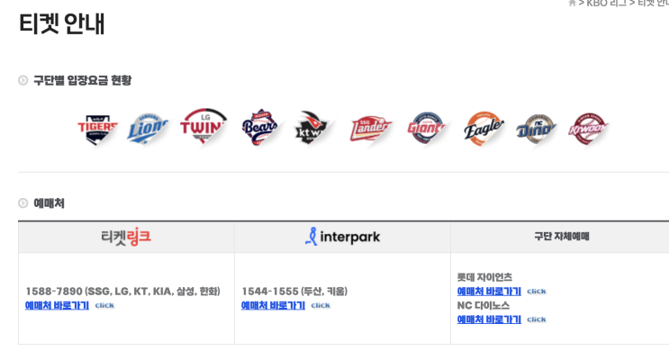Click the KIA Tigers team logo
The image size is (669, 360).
coord(97,129)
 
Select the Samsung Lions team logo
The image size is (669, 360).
coord(149,129)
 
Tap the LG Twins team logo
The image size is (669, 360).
coord(203,128)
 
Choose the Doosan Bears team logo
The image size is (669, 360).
coord(259,129)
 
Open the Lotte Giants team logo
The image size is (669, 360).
coord(426,129)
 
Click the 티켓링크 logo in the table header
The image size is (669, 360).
coord(126,237)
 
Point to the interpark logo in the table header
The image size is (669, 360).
coord(342,237)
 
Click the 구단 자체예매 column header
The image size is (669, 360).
coord(561,237)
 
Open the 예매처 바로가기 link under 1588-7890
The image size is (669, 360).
coord(57,305)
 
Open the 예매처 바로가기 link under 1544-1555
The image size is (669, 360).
coord(273,305)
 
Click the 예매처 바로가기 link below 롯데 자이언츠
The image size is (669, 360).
coord(489,291)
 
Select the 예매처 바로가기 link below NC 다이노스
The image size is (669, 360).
coord(489,319)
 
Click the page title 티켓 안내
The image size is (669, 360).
coord(62,23)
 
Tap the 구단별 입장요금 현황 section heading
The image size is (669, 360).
coord(82,80)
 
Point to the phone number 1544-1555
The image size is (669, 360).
coord(269,291)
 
